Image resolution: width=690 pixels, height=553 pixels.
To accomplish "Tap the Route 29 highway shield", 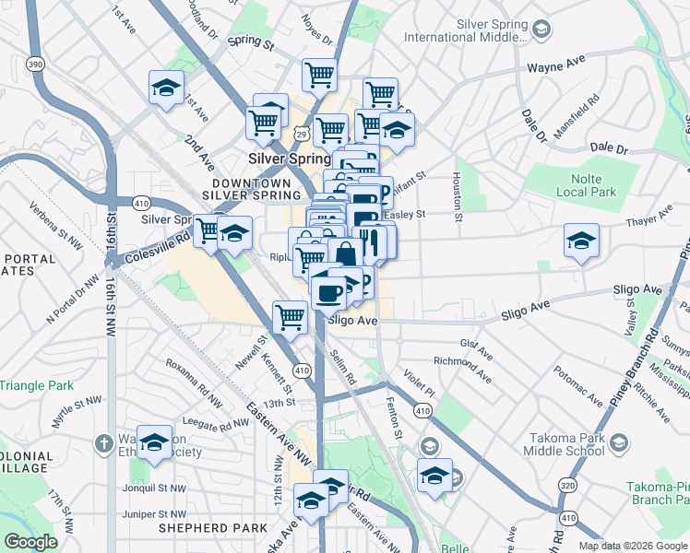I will (x=302, y=135).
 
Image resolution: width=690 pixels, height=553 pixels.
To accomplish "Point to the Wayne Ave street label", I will (x=556, y=66).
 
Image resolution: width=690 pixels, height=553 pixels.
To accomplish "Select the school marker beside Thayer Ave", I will (x=581, y=241).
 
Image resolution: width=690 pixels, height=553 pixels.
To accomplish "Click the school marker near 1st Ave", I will (x=166, y=88).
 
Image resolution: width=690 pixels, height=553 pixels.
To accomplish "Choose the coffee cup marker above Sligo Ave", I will (x=328, y=294).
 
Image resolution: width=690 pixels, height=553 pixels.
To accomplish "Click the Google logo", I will (x=30, y=542).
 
